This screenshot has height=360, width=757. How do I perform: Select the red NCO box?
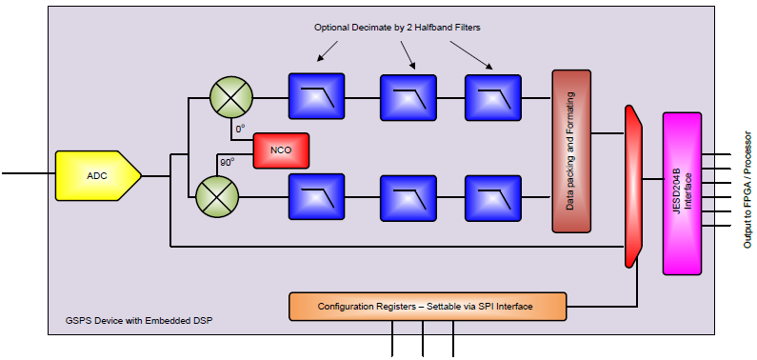[281, 150]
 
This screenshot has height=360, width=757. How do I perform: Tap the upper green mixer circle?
[231, 96]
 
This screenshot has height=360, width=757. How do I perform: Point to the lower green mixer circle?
[217, 196]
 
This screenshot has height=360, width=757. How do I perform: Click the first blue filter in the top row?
[317, 96]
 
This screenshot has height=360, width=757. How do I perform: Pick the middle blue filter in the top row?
[408, 97]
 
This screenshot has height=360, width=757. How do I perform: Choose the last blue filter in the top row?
[493, 97]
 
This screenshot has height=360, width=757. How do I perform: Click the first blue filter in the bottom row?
[317, 197]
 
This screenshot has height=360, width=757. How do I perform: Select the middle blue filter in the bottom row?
[408, 198]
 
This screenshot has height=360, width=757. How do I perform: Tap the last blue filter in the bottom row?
[493, 198]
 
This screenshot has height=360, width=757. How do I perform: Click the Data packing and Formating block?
[571, 151]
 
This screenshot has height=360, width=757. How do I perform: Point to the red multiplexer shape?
[633, 186]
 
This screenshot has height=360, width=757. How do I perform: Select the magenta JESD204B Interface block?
[682, 193]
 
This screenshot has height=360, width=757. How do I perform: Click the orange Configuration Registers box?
[428, 307]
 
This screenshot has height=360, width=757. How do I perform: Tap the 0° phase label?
[240, 129]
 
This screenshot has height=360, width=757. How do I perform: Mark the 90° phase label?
[228, 162]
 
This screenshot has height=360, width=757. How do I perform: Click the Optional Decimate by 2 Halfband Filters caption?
[397, 28]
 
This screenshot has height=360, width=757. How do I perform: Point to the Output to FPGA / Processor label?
[747, 190]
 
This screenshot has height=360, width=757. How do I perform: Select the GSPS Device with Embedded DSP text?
[139, 320]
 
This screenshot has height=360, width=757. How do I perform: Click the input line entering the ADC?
[29, 172]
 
